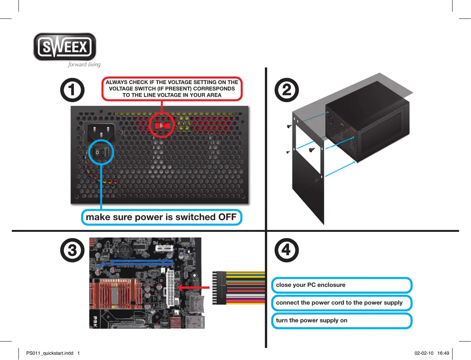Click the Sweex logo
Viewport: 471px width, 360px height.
(65, 47)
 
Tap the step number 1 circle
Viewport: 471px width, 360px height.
(72, 90)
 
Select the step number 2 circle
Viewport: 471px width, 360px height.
(287, 90)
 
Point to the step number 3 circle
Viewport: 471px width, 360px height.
(72, 250)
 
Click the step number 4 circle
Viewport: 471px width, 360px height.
(287, 250)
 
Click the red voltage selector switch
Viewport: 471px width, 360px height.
(161, 125)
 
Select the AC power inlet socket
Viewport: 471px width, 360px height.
(101, 132)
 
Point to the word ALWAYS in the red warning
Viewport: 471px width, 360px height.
(116, 82)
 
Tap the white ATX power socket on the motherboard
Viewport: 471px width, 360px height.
(170, 288)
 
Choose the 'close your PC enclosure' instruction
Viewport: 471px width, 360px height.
(310, 285)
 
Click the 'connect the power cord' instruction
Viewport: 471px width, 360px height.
(339, 303)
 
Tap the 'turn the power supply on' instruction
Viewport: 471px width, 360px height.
(312, 320)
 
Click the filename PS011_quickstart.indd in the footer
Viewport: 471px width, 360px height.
(50, 353)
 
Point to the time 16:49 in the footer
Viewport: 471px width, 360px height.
(443, 353)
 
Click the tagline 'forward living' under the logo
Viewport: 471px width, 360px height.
(84, 64)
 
